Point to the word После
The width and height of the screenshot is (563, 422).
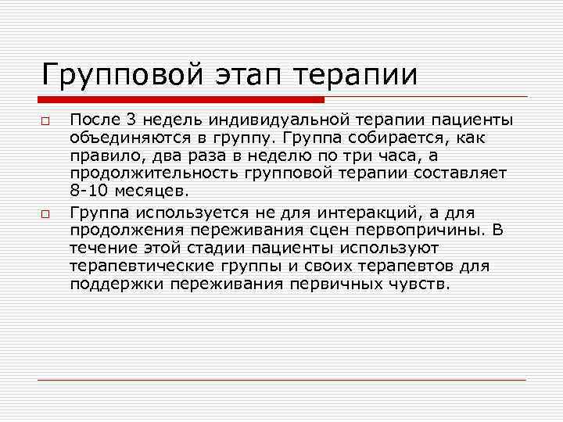point(94,120)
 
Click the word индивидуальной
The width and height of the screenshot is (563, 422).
point(270,120)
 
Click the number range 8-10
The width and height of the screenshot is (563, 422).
point(88,191)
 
